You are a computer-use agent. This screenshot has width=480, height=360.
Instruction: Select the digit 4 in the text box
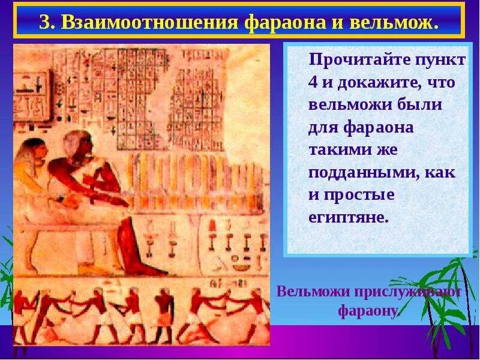click(313, 83)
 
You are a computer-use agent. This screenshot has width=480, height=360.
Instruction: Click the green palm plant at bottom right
click(447, 294)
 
